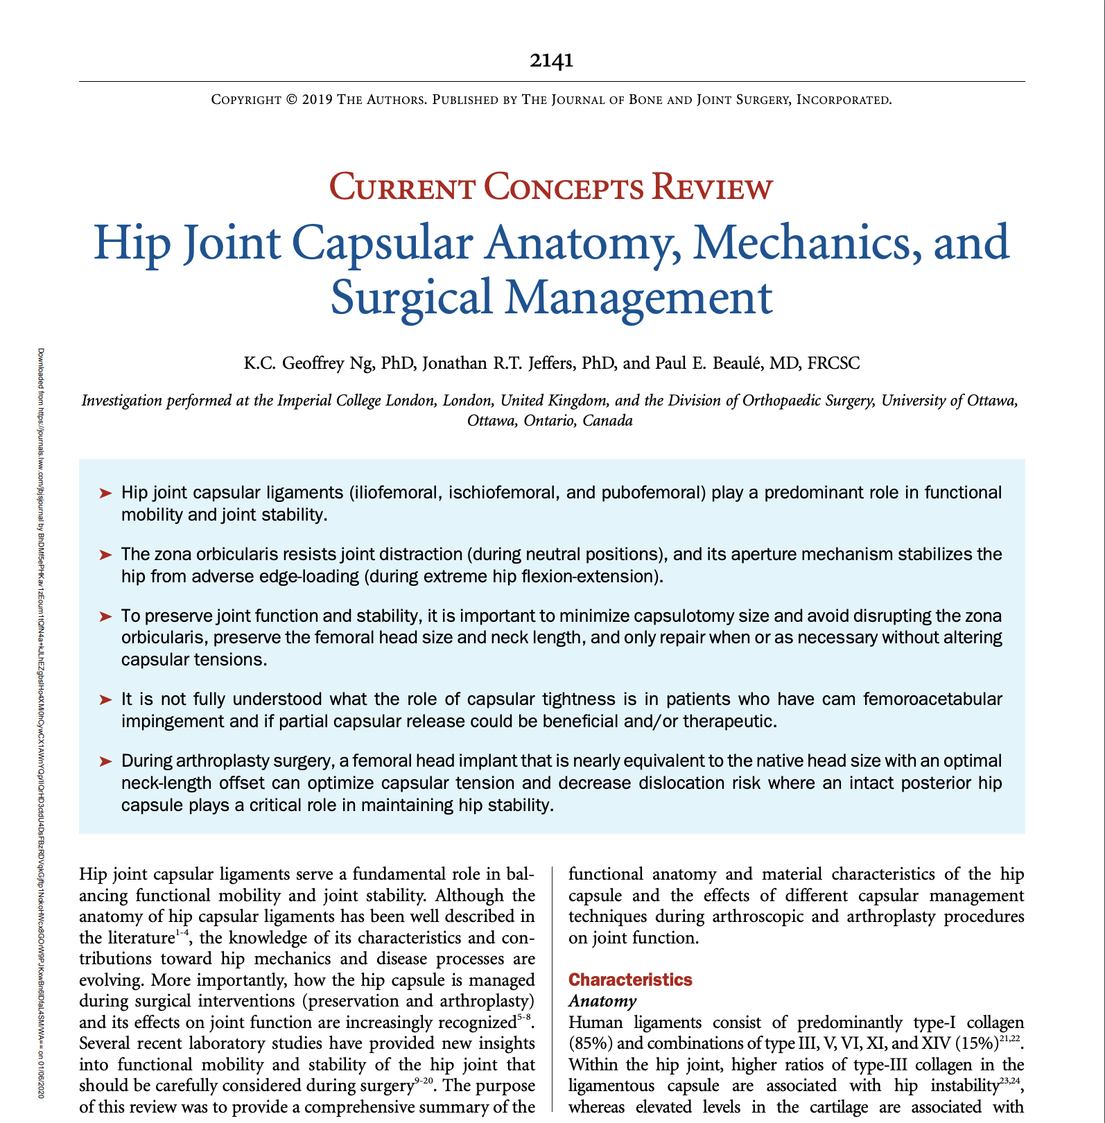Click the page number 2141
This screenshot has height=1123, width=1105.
[x=551, y=60]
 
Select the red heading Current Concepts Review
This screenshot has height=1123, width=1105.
[x=551, y=188]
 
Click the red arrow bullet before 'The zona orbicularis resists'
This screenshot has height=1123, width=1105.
[x=105, y=555]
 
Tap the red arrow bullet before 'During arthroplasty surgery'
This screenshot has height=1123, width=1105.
[x=105, y=761]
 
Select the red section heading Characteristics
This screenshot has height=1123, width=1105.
[x=629, y=980]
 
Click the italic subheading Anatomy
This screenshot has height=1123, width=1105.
[x=602, y=1001]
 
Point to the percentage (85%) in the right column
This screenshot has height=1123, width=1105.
[x=588, y=1044]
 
